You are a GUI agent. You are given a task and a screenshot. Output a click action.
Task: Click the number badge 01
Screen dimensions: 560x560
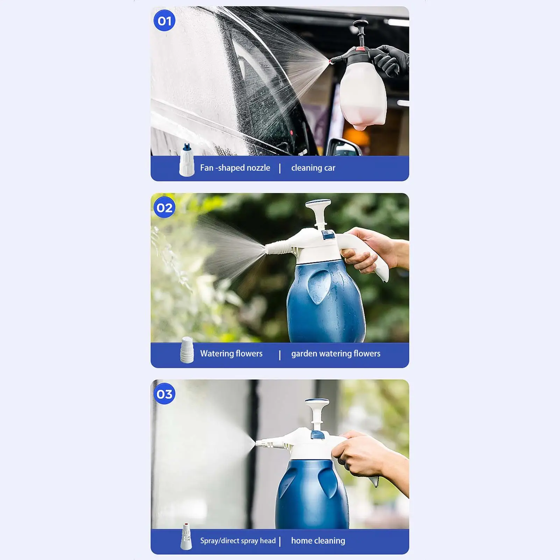coord(164,21)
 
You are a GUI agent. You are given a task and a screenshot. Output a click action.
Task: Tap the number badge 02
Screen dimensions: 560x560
coord(164,208)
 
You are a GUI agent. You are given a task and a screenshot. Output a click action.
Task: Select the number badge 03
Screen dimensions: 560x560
coord(164,394)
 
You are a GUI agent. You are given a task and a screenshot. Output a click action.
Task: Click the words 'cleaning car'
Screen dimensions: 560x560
coord(313,168)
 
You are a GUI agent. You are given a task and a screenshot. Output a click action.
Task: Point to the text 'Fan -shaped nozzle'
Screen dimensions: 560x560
coord(235,168)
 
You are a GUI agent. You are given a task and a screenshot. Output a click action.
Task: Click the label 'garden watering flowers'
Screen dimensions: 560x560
coord(335,354)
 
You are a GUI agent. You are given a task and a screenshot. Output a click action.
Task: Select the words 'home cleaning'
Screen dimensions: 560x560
coord(318,541)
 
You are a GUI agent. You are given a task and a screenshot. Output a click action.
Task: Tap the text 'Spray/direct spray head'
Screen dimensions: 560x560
coord(238,541)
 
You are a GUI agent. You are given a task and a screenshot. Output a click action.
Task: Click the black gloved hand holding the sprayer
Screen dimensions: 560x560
coord(388,59)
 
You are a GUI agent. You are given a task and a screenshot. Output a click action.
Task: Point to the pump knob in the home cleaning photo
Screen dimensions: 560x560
coord(317,403)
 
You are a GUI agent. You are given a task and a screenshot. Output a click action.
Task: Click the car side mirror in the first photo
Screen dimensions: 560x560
coord(345,147)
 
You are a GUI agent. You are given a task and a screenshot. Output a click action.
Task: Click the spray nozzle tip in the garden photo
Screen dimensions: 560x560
coord(267,249)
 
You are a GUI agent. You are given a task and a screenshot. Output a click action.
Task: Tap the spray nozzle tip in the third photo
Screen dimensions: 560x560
coord(258,443)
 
